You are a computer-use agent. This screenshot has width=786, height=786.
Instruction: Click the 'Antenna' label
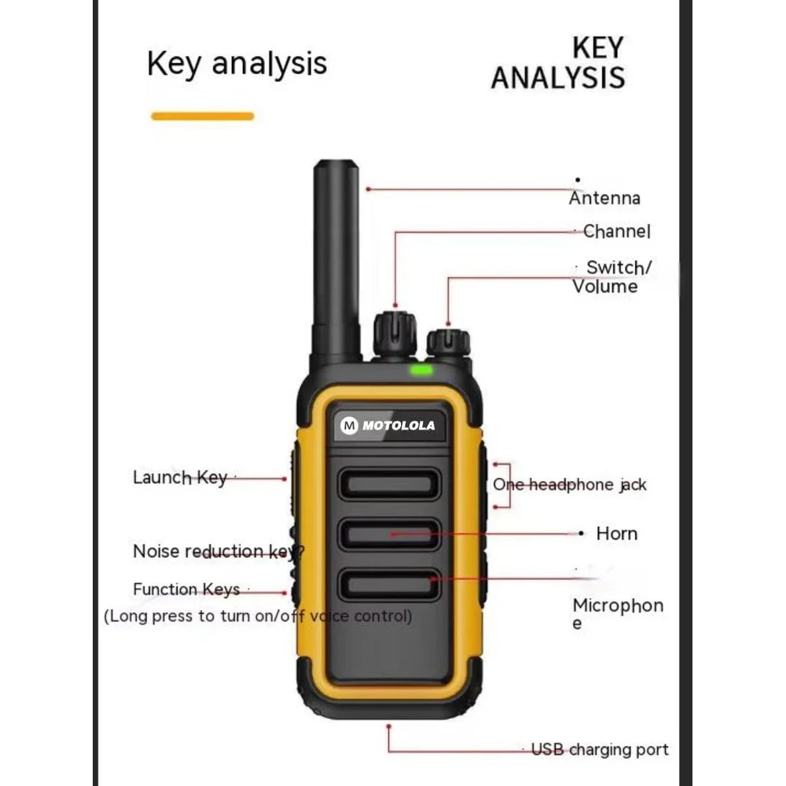(604, 198)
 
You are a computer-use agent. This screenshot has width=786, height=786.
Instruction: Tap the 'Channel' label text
(617, 231)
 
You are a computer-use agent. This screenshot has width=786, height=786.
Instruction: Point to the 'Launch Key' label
(180, 477)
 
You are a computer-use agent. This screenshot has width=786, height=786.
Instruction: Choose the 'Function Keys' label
(186, 589)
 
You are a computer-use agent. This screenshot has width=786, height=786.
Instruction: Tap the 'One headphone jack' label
(570, 485)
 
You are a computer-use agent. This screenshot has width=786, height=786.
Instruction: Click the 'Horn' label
(616, 534)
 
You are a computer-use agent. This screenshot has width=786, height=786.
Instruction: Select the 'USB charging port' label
(600, 749)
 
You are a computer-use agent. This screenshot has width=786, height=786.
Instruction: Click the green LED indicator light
(421, 369)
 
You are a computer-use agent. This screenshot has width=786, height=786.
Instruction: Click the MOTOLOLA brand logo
(387, 426)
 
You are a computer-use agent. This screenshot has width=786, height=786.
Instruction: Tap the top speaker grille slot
(389, 484)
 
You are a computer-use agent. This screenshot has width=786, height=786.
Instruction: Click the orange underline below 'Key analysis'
(202, 116)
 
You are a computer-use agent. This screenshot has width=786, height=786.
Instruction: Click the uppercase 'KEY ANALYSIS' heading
(557, 63)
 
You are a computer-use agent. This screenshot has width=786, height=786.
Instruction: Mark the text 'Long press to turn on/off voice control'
(258, 615)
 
